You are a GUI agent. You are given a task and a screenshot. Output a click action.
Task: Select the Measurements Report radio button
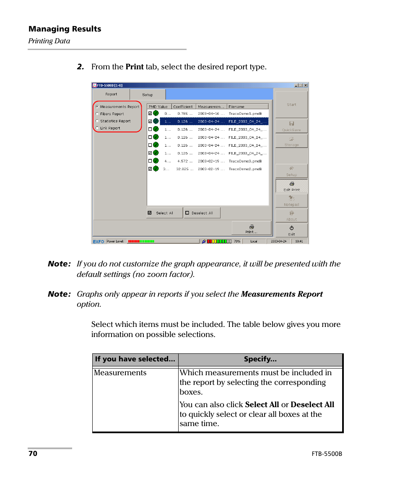97,107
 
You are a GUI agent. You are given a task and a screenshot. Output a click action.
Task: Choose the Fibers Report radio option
97,114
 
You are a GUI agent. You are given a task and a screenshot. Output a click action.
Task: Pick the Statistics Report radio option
97,121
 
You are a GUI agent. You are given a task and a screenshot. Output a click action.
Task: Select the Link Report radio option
97,128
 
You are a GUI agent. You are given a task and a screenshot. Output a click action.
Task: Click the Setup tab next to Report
148,95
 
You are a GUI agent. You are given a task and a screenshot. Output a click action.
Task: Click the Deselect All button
202,213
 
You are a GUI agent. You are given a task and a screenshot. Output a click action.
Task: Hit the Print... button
251,229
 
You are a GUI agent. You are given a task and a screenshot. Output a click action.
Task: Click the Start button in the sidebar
291,105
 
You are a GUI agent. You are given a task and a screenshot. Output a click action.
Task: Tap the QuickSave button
291,126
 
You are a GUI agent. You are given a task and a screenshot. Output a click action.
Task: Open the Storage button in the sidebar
291,141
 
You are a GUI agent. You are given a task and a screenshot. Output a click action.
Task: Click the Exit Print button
291,186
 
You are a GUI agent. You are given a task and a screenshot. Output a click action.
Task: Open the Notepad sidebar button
291,201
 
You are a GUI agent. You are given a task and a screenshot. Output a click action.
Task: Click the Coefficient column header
183,107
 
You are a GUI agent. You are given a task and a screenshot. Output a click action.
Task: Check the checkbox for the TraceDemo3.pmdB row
150,161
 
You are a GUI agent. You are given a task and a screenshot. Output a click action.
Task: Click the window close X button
306,85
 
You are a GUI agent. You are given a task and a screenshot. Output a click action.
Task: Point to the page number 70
33,454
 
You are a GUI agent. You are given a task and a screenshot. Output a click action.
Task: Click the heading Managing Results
65,29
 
